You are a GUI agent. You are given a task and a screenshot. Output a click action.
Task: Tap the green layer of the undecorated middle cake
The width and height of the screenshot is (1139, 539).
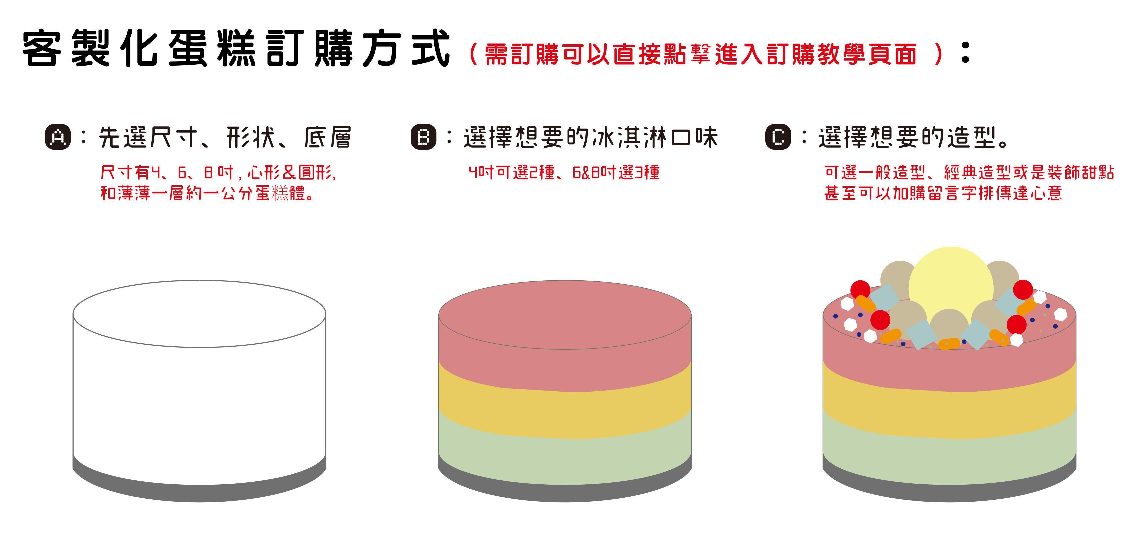pyautogui.click(x=565, y=455)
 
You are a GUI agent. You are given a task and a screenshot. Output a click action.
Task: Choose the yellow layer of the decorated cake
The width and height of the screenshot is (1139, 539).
pyautogui.click(x=949, y=407)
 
